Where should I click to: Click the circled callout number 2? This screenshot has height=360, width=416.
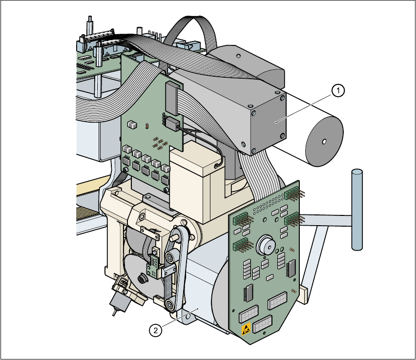[155, 331]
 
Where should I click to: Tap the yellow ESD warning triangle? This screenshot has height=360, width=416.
[247, 328]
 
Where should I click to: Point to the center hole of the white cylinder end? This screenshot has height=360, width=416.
[323, 142]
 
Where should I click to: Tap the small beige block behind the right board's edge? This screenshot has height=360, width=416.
[305, 293]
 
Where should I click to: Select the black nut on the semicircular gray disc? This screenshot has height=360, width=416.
[142, 279]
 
